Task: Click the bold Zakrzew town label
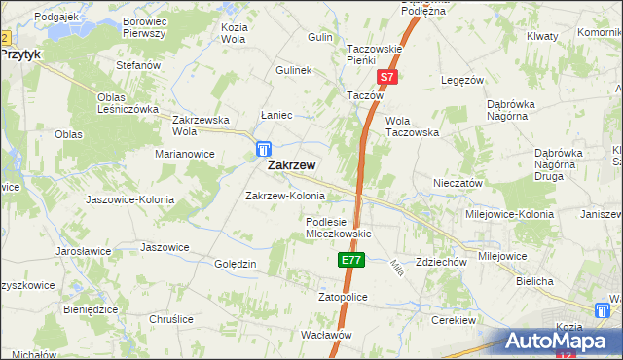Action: pos(290,165)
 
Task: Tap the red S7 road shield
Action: pos(386,77)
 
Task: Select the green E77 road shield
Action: pos(351,260)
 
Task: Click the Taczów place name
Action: pos(366,96)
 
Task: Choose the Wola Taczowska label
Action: pos(413,126)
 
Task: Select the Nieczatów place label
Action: pos(458,182)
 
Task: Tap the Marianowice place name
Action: pos(185,154)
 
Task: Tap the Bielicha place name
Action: pos(534,281)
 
